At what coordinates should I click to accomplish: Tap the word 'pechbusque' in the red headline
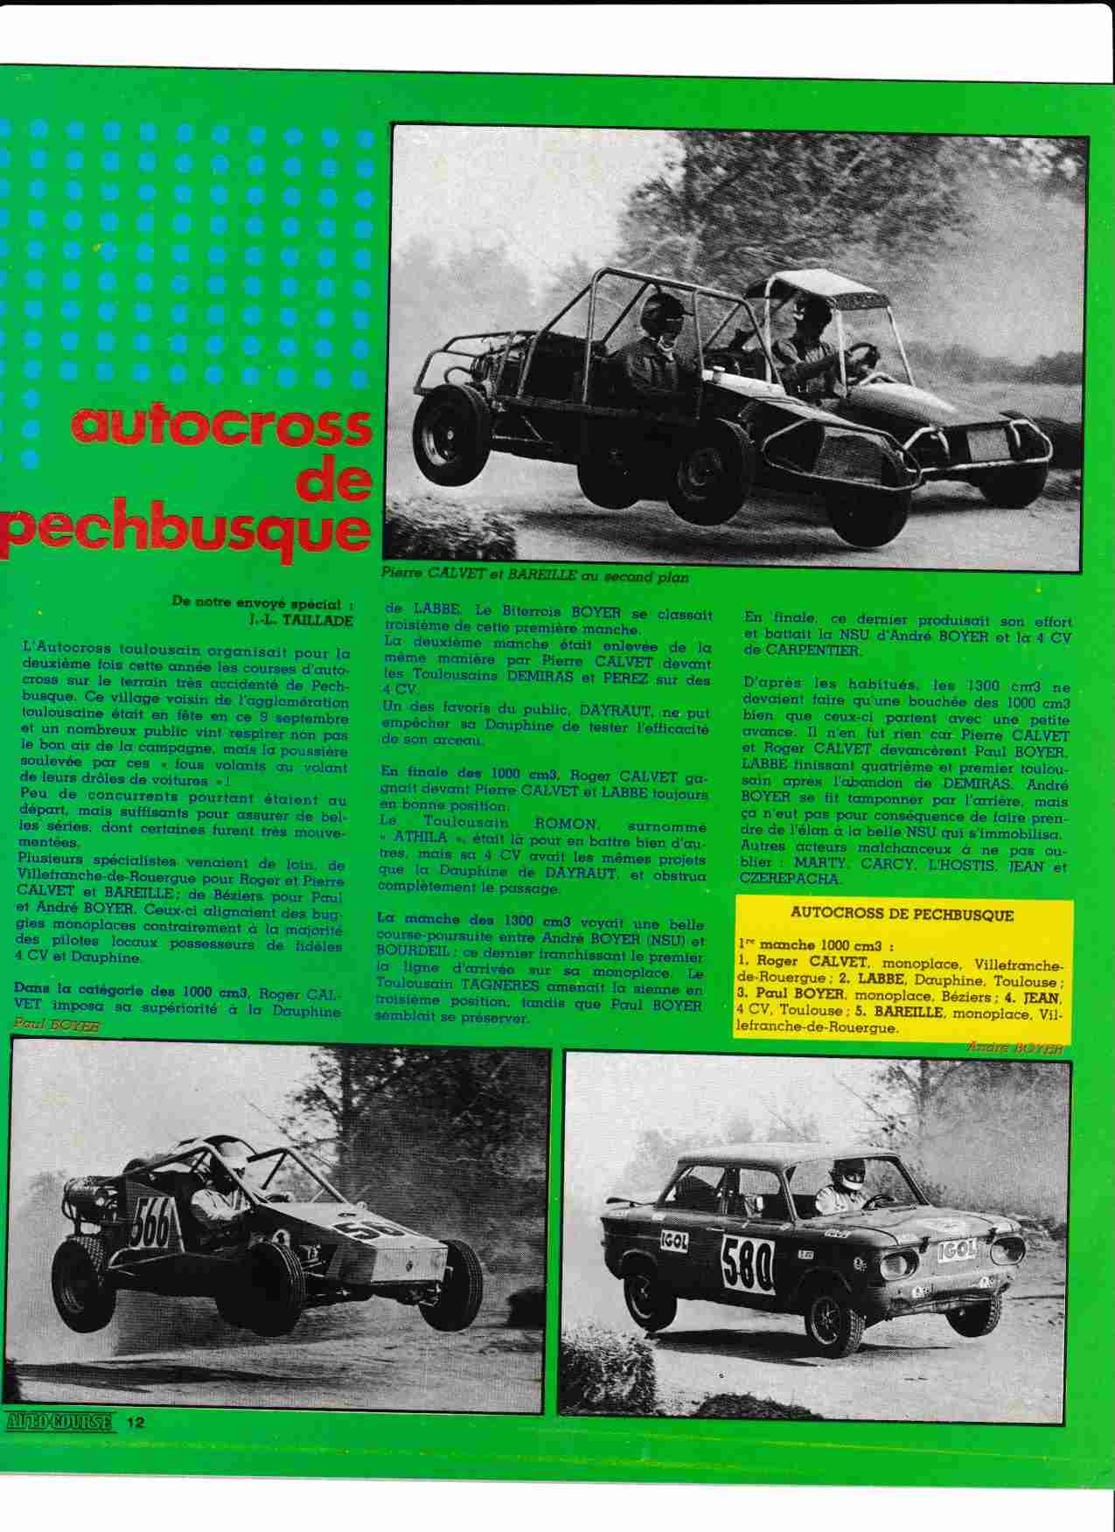[185, 530]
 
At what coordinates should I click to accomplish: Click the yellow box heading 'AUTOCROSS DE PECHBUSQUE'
[901, 916]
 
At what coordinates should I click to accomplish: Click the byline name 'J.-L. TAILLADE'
[295, 620]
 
